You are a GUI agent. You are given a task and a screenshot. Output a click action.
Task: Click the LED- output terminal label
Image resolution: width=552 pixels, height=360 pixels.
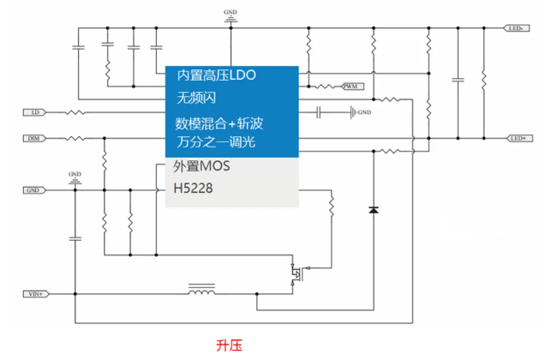(518, 28)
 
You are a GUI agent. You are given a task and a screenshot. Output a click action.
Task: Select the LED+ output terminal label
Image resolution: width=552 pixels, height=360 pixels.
(518, 138)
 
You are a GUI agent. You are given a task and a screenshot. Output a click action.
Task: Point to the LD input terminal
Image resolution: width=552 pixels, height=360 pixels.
(35, 112)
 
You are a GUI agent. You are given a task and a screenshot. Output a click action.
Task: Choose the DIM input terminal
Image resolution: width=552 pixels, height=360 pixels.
(33, 138)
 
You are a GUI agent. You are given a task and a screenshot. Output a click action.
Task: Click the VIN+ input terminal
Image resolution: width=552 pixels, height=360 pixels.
(35, 294)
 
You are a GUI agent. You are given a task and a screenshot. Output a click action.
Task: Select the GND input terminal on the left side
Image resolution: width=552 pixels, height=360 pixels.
(33, 190)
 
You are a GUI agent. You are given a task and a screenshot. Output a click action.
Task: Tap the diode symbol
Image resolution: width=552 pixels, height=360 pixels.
(373, 209)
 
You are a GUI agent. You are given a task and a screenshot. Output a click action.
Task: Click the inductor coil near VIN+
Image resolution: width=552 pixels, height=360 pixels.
(201, 292)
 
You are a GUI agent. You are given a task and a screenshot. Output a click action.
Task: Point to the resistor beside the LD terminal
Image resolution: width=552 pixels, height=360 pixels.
(75, 112)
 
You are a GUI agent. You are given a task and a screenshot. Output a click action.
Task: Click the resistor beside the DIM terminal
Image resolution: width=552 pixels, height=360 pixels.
(75, 138)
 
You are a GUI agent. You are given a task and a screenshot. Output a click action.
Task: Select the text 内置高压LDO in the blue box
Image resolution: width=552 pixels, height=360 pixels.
(216, 75)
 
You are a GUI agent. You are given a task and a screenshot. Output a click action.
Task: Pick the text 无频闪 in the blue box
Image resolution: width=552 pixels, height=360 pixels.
(193, 98)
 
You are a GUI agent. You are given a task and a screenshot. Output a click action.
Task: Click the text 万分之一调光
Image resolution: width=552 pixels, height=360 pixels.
(215, 141)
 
